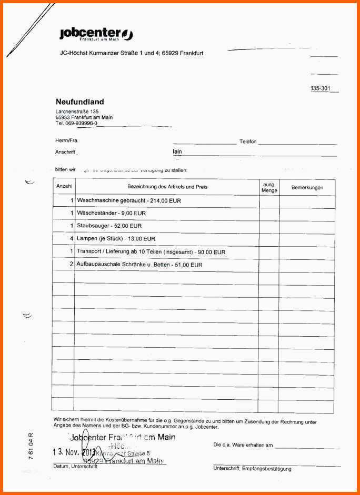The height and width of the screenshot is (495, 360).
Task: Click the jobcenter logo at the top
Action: (96, 35)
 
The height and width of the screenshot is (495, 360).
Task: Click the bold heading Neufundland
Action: (79, 102)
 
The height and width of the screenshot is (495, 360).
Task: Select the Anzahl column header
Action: (64, 187)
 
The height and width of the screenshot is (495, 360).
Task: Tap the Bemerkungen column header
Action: (307, 187)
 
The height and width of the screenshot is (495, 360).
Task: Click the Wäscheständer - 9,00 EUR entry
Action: (111, 213)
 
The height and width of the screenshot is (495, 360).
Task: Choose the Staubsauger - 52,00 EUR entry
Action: (109, 226)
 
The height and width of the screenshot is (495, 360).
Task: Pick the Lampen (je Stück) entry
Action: (108, 239)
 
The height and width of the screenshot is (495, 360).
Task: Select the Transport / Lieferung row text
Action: (151, 252)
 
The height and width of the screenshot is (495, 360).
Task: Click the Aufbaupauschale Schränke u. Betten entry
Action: (139, 265)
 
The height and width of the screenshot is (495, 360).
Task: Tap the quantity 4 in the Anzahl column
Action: (71, 239)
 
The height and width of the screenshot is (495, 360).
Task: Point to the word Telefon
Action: (247, 142)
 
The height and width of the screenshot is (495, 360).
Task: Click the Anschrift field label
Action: (65, 152)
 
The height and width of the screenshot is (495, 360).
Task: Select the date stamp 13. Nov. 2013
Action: (74, 452)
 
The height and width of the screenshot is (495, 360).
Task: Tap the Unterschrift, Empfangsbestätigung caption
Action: (252, 468)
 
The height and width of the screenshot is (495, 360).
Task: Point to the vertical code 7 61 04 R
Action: (30, 446)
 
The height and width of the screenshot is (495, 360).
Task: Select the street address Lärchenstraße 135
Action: (77, 112)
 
